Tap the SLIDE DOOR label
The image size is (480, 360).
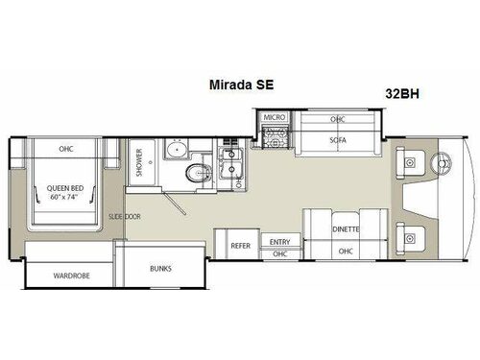click(126, 218)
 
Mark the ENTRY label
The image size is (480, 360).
click(280, 241)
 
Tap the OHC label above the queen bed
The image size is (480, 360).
click(66, 149)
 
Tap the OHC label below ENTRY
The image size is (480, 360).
click(280, 254)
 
